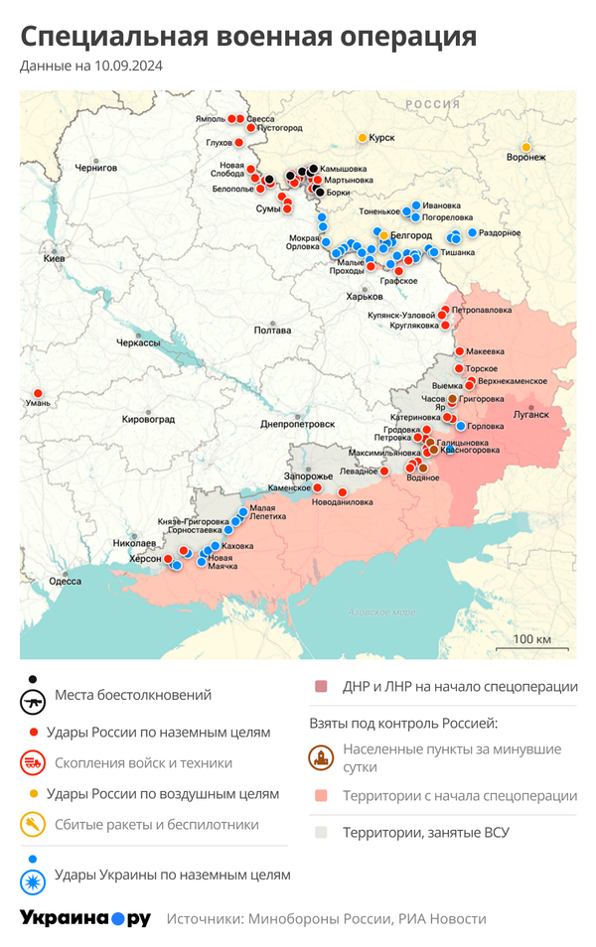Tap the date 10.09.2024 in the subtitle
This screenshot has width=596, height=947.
(x=129, y=67)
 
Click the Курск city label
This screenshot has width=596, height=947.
(x=382, y=138)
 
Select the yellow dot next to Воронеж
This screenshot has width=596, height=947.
(x=525, y=147)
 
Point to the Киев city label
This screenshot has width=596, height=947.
(x=54, y=258)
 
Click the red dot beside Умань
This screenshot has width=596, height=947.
(x=38, y=393)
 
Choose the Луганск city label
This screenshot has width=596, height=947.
(x=531, y=414)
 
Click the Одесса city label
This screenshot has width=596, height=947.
(x=65, y=581)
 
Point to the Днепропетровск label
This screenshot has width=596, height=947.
(x=297, y=424)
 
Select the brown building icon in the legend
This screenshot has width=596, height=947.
(x=321, y=758)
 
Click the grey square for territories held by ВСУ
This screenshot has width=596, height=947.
(x=321, y=832)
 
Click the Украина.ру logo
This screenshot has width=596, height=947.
(x=85, y=919)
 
